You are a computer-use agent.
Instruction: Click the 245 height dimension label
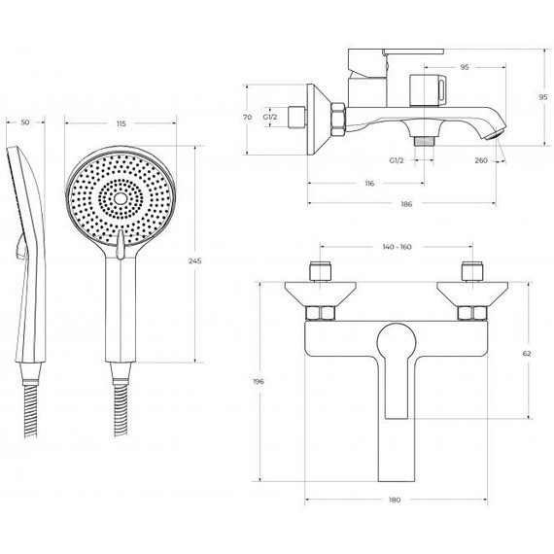[195, 261]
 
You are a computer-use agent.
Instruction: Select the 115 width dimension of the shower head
[121, 123]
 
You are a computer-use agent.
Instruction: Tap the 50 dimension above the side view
[25, 122]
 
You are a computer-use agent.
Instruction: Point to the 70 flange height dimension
[248, 117]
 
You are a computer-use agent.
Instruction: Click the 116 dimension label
[369, 184]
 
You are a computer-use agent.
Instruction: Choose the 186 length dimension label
[406, 204]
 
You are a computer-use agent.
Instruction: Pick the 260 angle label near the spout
[481, 160]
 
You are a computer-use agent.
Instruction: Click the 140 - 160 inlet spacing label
[398, 247]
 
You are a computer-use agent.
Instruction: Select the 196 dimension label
[259, 382]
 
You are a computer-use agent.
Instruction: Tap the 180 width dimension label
[395, 500]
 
